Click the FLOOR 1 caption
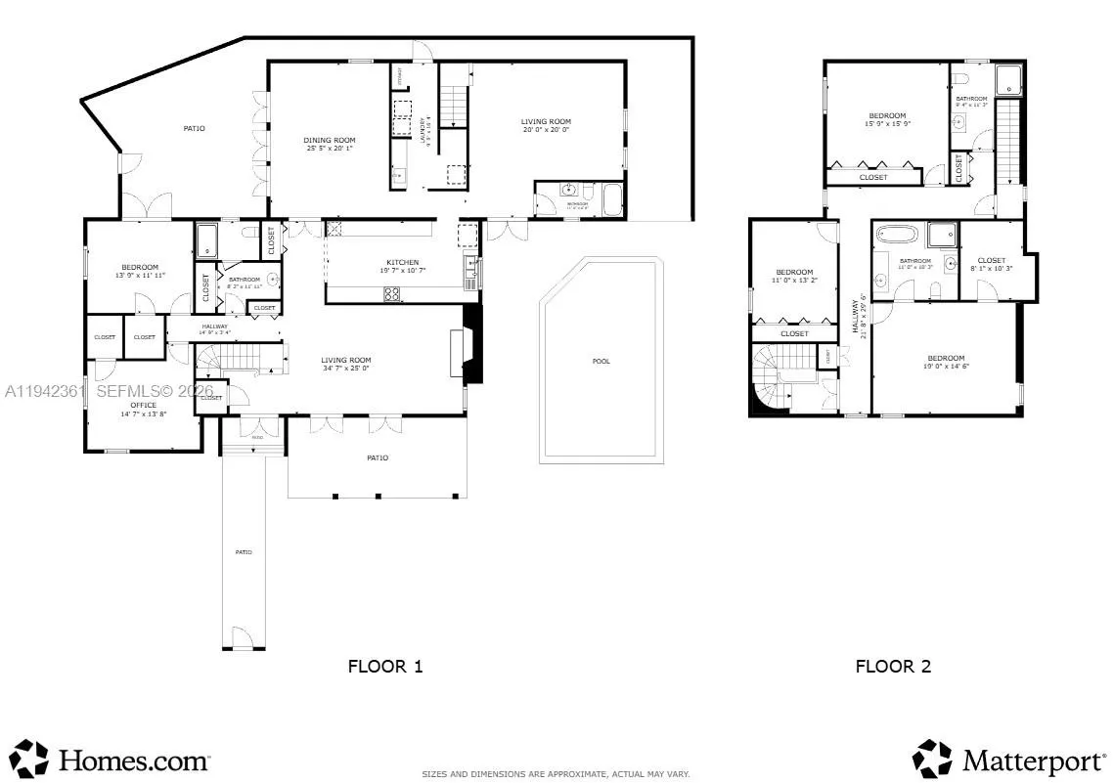tap(385, 667)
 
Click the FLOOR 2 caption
tap(893, 667)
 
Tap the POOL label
tap(601, 362)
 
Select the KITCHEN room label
tap(402, 263)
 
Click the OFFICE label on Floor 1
tap(144, 405)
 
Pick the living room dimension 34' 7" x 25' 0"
tap(345, 369)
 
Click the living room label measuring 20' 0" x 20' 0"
tap(545, 129)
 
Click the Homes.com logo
tap(112, 760)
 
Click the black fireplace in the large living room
tap(472, 345)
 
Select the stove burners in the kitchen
tap(391, 292)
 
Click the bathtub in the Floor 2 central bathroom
tap(894, 234)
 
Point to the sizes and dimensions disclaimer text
tap(556, 774)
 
